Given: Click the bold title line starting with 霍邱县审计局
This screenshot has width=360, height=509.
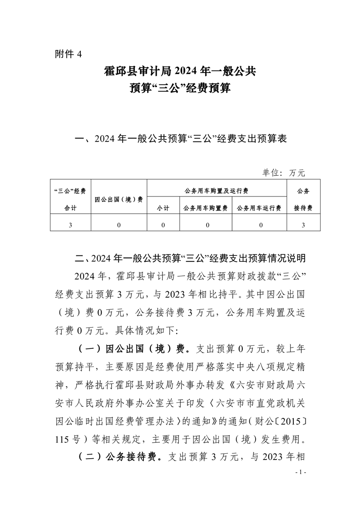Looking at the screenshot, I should pyautogui.click(x=180, y=71).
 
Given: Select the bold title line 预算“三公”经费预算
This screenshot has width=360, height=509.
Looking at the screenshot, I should pyautogui.click(x=180, y=88).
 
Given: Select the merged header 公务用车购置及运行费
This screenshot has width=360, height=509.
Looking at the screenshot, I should pyautogui.click(x=217, y=191).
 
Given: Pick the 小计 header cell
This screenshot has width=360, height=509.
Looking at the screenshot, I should pyautogui.click(x=163, y=208).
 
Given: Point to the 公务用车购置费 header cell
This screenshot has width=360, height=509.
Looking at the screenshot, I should pyautogui.click(x=205, y=208).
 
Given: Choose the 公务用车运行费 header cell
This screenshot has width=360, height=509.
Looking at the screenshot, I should pyautogui.click(x=259, y=208).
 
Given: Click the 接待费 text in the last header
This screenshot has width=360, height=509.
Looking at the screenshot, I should pyautogui.click(x=303, y=208).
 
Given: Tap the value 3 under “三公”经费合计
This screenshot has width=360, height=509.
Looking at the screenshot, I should pyautogui.click(x=70, y=225).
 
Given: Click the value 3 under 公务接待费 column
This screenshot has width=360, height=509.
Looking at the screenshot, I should pyautogui.click(x=303, y=225).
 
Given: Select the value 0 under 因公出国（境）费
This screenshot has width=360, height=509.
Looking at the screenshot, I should pyautogui.click(x=118, y=225).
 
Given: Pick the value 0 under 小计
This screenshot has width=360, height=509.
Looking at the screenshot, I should pyautogui.click(x=163, y=225).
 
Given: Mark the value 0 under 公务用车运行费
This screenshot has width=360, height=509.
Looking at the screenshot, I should pyautogui.click(x=259, y=225).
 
